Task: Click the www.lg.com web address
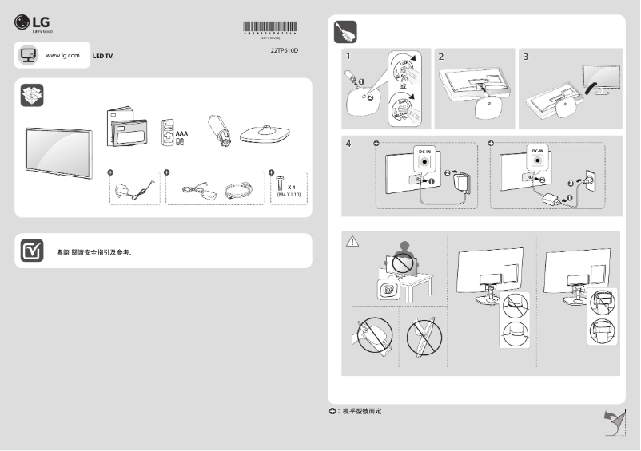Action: pos(63,55)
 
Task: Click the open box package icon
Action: pos(32,95)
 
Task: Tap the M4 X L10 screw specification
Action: pos(288,194)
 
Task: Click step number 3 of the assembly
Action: pos(525,57)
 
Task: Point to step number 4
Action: pos(348,144)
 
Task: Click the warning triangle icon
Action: pos(351,240)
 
